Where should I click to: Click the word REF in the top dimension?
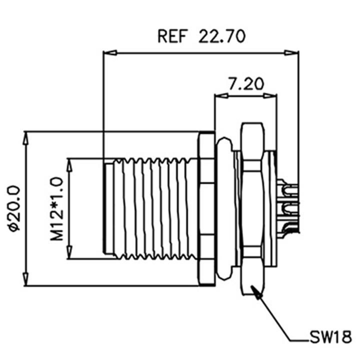tap(171, 36)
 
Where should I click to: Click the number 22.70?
tap(222, 36)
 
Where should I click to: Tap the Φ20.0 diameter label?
tap(14, 208)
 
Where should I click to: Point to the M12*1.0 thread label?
tap(56, 208)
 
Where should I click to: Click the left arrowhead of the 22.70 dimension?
tap(110, 53)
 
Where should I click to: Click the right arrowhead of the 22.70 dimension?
tap(291, 53)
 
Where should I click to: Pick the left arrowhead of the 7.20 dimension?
tap(221, 95)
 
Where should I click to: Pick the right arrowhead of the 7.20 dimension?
tap(270, 95)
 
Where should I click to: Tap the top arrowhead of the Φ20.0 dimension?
tap(25, 138)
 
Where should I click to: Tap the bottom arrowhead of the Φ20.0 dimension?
tap(25, 279)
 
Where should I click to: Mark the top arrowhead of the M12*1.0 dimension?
tap(69, 165)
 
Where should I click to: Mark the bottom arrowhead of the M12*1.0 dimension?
tap(69, 252)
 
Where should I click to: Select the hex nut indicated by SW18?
tap(252, 209)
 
